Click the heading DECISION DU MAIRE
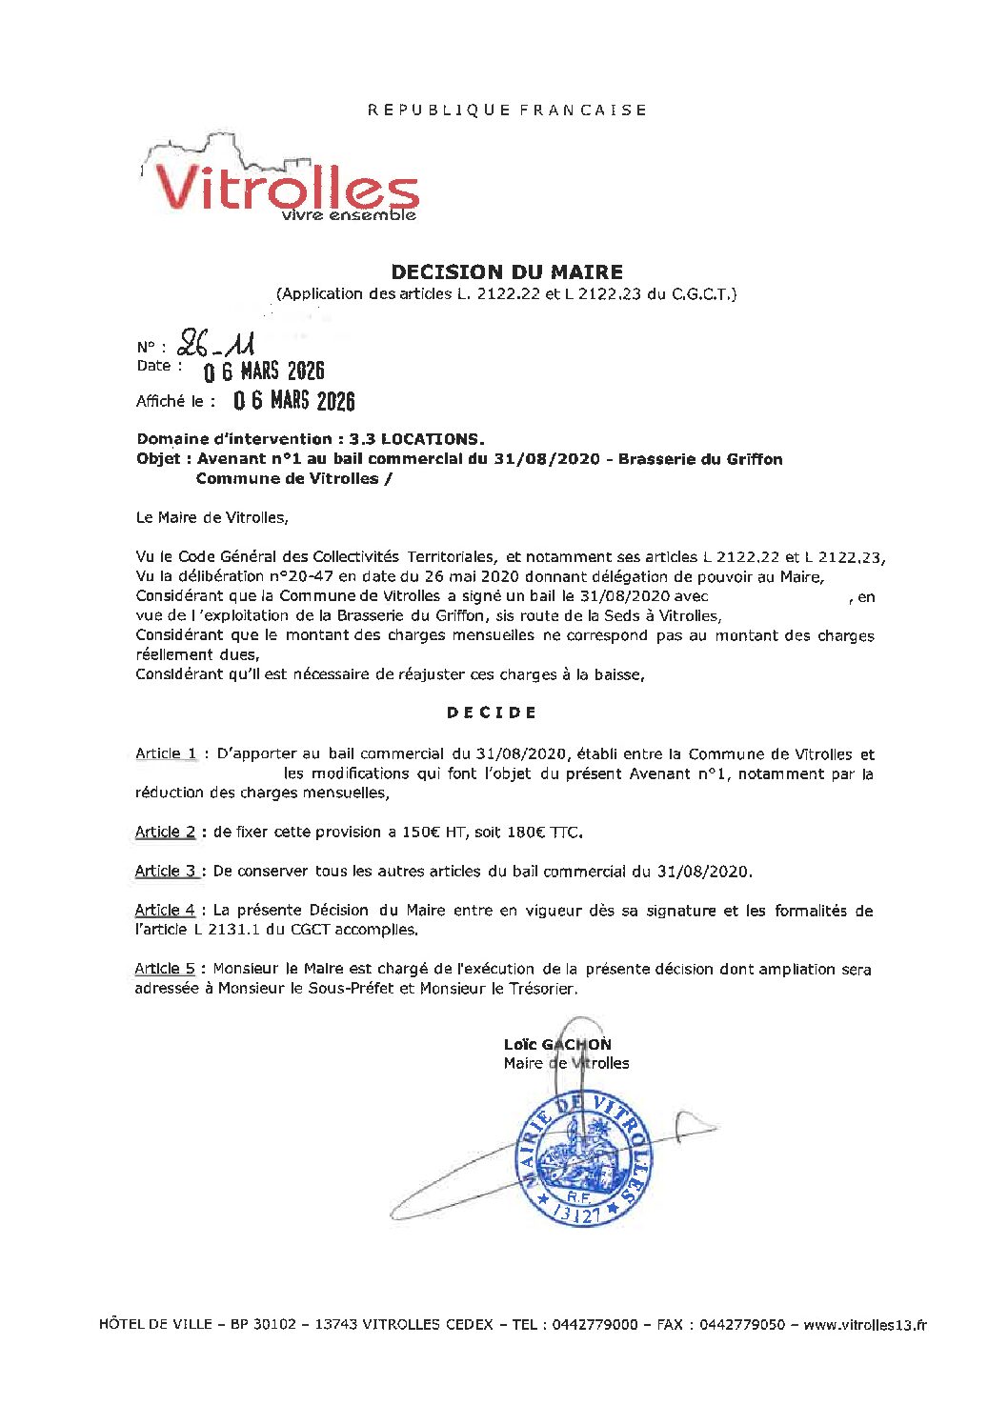(x=507, y=272)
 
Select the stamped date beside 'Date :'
(x=264, y=371)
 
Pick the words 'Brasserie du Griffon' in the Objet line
(x=700, y=459)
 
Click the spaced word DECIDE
(x=492, y=712)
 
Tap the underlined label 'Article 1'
(x=166, y=753)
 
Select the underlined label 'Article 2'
(x=165, y=832)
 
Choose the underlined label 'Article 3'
(x=165, y=871)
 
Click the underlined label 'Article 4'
(x=165, y=910)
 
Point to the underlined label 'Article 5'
(x=165, y=969)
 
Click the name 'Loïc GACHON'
(x=557, y=1044)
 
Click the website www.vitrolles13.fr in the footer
(x=865, y=1324)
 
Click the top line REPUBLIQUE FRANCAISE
(x=507, y=110)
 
